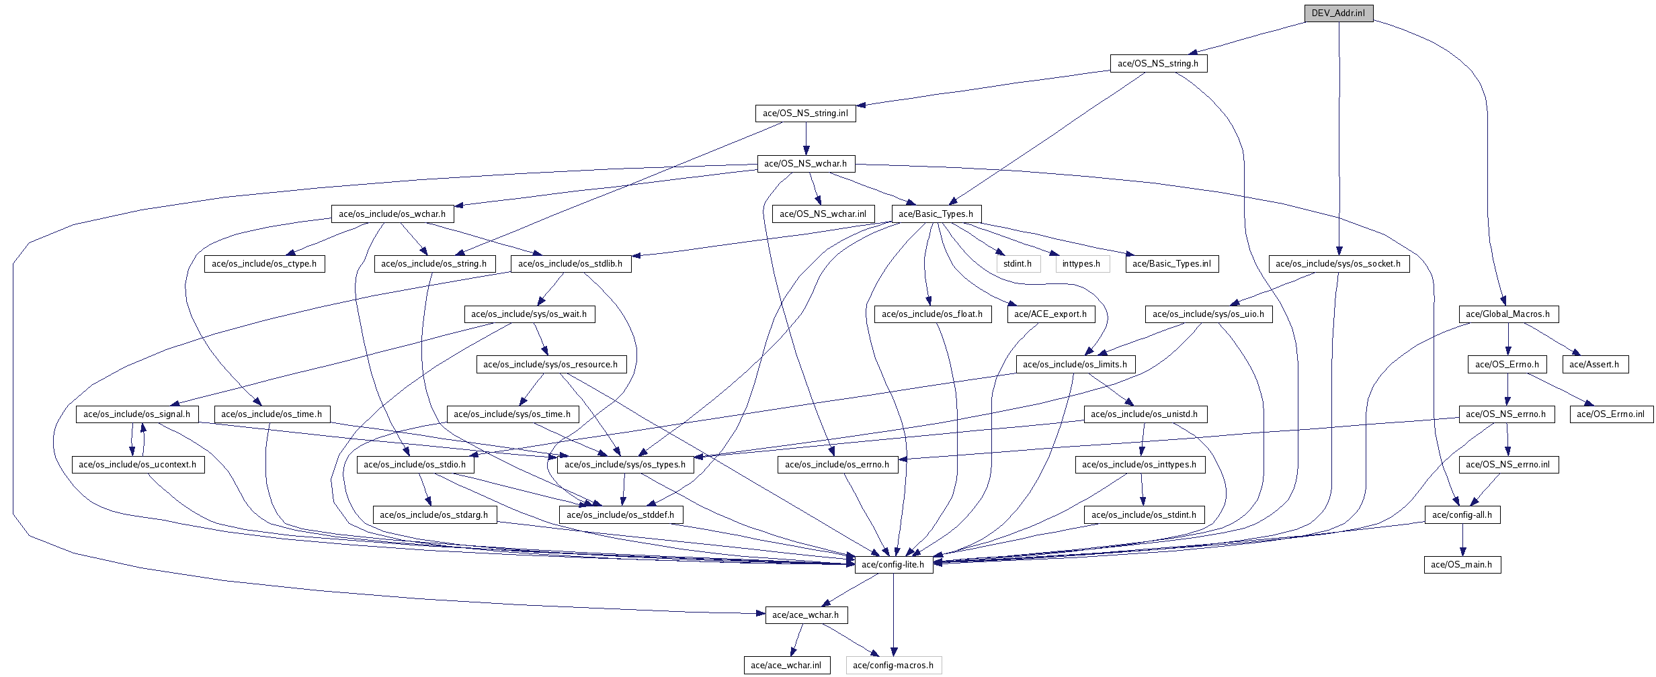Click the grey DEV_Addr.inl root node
1338,13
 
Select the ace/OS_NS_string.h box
1158,64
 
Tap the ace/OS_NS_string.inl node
805,114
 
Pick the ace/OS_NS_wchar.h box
805,164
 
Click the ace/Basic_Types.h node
936,214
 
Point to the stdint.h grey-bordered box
1018,264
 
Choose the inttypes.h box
1081,264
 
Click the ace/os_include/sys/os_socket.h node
1338,264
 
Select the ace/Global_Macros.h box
1508,314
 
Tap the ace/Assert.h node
1594,365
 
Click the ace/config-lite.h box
893,565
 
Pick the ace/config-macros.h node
893,666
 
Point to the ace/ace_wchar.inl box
786,666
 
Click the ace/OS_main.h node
1462,565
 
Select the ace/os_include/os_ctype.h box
264,264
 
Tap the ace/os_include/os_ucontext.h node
138,465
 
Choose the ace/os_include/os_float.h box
932,314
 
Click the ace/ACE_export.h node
1050,314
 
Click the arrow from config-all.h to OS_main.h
1462,540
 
